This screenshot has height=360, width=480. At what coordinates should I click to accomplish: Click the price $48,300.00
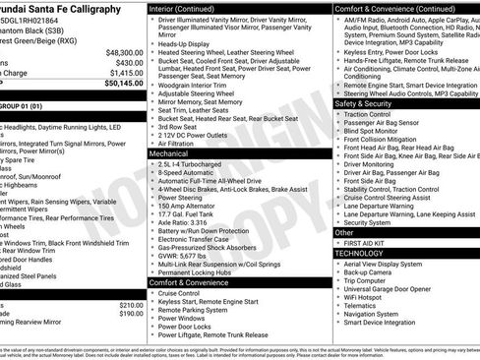(124, 51)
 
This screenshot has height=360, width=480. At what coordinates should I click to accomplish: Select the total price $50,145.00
(123, 83)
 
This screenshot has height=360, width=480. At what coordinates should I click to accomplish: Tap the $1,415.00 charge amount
(126, 72)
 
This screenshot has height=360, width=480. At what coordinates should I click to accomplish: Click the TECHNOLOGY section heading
(360, 253)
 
